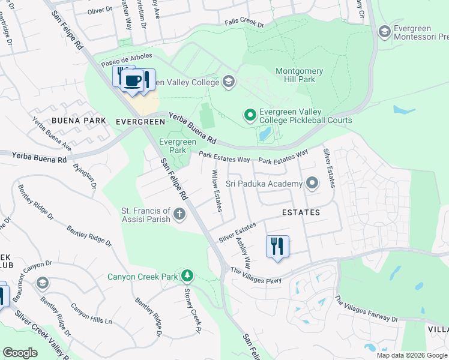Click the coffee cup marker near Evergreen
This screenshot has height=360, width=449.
click(133, 81)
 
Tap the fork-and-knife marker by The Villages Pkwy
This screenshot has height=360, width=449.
click(277, 247)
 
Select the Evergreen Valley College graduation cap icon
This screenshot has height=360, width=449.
click(228, 82)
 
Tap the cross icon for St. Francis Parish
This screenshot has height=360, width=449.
click(179, 214)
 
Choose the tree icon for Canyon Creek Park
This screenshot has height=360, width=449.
click(188, 275)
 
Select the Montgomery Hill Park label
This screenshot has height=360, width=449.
click(299, 75)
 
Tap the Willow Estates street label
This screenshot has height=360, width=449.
click(217, 190)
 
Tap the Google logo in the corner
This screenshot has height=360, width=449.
click(20, 353)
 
